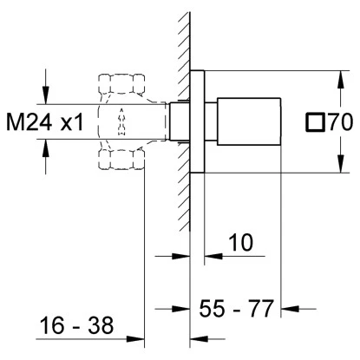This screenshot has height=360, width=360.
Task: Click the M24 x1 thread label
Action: coord(45,122)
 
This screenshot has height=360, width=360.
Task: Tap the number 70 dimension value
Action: coord(341,122)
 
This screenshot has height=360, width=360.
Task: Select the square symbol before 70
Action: coord(315,122)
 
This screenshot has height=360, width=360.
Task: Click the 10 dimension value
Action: coord(240,242)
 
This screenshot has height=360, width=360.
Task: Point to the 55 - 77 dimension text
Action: coord(236,309)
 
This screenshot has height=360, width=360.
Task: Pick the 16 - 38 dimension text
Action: coord(76,325)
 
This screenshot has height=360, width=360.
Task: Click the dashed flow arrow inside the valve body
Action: coord(121,121)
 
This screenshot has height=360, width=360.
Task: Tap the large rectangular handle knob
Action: coord(249,121)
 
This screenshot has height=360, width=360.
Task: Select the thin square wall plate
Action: coord(197,121)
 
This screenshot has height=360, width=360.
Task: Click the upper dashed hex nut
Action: coord(121,84)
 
